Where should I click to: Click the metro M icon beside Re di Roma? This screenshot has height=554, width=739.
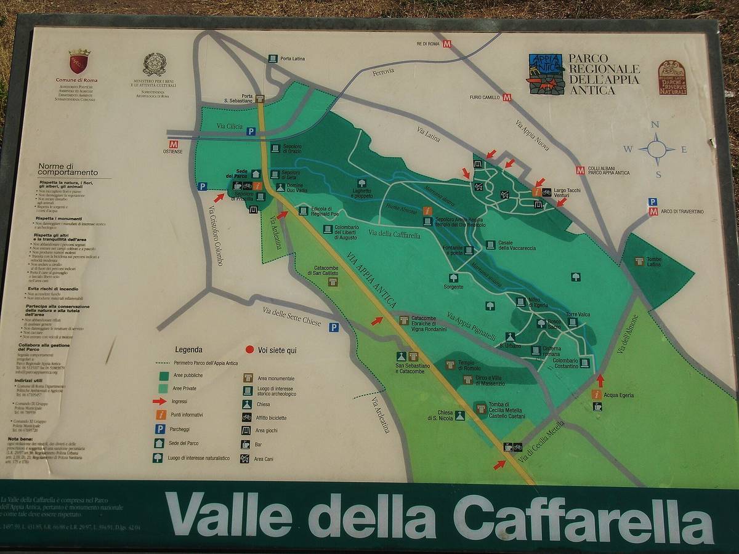(447, 44)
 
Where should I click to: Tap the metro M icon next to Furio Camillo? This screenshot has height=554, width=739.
(507, 97)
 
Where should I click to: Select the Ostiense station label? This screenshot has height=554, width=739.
(172, 151)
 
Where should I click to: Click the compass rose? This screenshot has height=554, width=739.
(656, 149)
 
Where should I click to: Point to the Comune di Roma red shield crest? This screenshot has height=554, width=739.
(79, 62)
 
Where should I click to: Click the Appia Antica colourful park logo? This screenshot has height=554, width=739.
(546, 74)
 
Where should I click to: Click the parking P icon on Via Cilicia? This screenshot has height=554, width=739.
(251, 131)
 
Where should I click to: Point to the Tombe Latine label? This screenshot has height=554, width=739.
(653, 262)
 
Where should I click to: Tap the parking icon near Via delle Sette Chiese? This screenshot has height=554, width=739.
(333, 327)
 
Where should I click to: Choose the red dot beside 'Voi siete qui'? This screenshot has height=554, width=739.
(249, 350)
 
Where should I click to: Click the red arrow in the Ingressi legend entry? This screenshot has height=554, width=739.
(160, 401)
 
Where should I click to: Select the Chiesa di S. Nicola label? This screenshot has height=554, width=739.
(445, 415)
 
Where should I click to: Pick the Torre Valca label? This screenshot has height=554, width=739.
(578, 315)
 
